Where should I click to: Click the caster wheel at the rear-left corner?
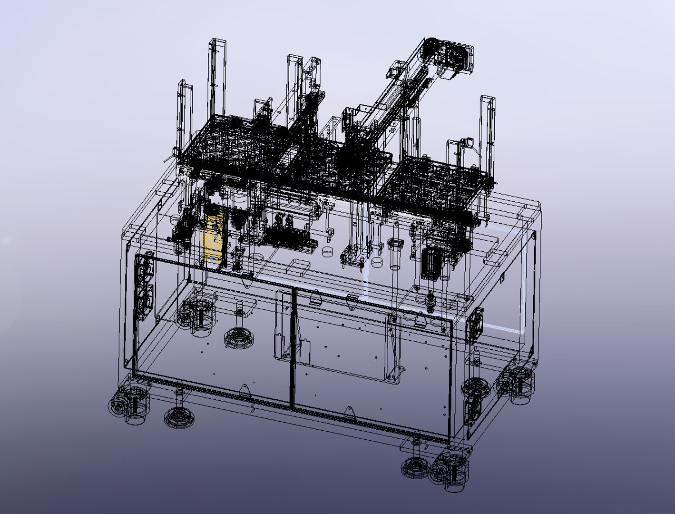pyautogui.click(x=197, y=316)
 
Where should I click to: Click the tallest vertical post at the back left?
pyautogui.click(x=217, y=79)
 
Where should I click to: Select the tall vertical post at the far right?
pyautogui.click(x=488, y=128)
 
